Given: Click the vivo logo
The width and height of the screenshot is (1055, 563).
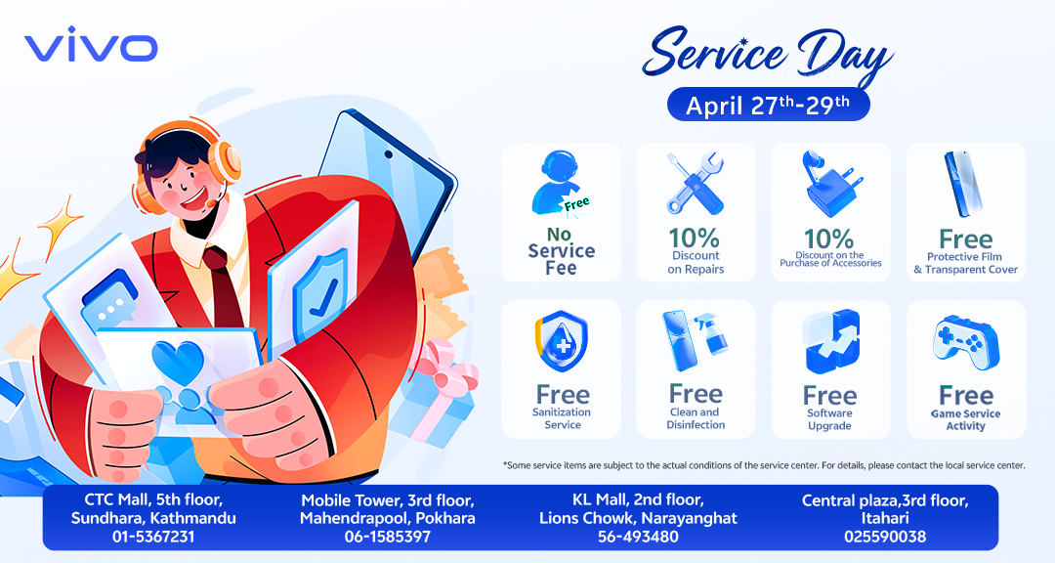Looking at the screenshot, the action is click(x=91, y=48).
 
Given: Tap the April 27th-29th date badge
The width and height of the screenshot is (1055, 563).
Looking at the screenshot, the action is click(x=768, y=105).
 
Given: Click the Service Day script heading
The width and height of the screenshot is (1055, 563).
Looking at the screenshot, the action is click(x=767, y=53).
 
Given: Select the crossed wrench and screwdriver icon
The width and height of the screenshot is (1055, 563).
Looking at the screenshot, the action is click(x=696, y=183).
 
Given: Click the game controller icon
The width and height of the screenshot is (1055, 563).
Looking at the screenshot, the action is click(x=966, y=343).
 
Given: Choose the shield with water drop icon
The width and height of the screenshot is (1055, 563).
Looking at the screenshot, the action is click(x=562, y=341).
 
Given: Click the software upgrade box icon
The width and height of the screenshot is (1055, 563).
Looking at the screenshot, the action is click(x=831, y=341).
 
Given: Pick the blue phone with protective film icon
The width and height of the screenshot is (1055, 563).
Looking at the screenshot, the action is click(x=964, y=184).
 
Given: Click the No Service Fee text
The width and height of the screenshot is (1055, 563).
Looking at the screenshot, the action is click(x=561, y=251).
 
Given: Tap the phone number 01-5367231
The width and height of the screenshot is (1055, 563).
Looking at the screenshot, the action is click(x=153, y=537).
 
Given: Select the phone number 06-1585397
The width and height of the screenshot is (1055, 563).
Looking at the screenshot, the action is click(x=388, y=537).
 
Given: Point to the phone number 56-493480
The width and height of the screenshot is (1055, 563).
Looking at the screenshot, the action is click(x=638, y=537).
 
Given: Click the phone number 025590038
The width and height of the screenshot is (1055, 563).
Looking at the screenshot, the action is click(x=885, y=537).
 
